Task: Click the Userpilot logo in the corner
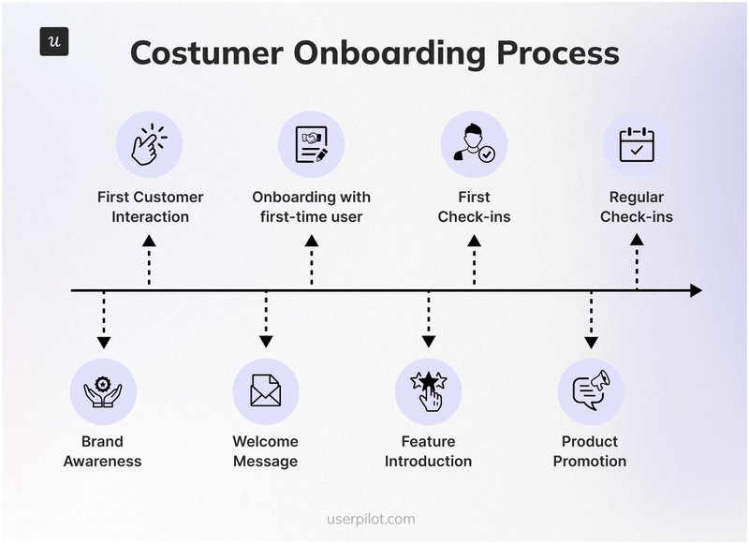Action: pos(54,42)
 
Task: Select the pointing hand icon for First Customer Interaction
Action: pos(149,144)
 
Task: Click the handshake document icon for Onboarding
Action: pos(312,144)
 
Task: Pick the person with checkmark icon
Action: pos(474,144)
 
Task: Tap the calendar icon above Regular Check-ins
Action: pos(637,144)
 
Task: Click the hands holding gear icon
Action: pos(103,391)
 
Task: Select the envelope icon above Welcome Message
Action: pos(266,391)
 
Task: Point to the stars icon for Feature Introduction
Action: pos(429,391)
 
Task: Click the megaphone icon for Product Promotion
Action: pos(591,391)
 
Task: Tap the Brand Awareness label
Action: pos(103,451)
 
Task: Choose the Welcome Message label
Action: pos(266,451)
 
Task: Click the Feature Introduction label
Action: pos(429,451)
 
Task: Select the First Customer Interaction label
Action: pos(150,207)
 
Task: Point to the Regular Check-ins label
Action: pos(637,207)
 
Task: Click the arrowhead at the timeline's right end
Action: pos(696,291)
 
